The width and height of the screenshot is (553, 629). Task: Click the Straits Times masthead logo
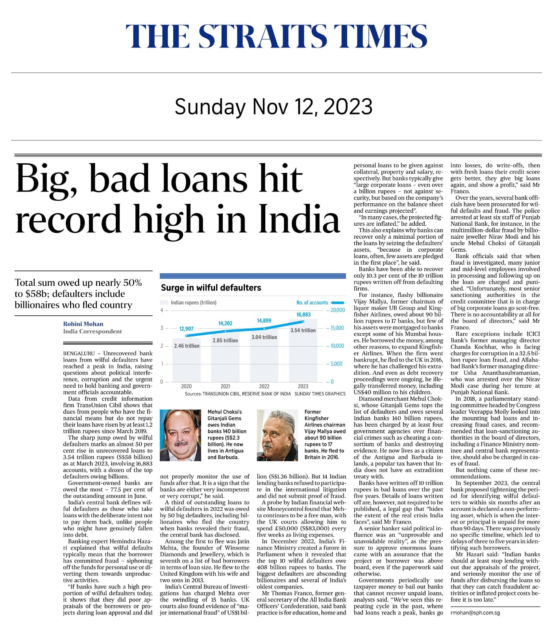[276, 36]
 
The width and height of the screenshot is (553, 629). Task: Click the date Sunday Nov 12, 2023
[274, 107]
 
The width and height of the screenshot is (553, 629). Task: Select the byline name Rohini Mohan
[83, 324]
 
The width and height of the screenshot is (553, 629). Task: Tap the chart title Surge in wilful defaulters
[211, 288]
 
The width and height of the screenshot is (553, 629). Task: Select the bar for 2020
[187, 362]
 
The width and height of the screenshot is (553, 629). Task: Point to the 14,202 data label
[225, 323]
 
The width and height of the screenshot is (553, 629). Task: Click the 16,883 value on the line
[303, 314]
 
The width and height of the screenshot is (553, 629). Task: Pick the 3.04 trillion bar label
[264, 337]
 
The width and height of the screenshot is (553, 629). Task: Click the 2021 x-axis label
[225, 386]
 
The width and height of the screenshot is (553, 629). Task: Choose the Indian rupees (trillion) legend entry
[193, 303]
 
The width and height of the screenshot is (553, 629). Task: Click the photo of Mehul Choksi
[180, 435]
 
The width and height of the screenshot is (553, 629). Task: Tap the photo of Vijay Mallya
[277, 435]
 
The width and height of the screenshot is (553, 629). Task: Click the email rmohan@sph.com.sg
[475, 612]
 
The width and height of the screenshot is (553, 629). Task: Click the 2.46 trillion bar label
[187, 346]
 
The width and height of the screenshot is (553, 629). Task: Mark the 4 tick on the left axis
[162, 310]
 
